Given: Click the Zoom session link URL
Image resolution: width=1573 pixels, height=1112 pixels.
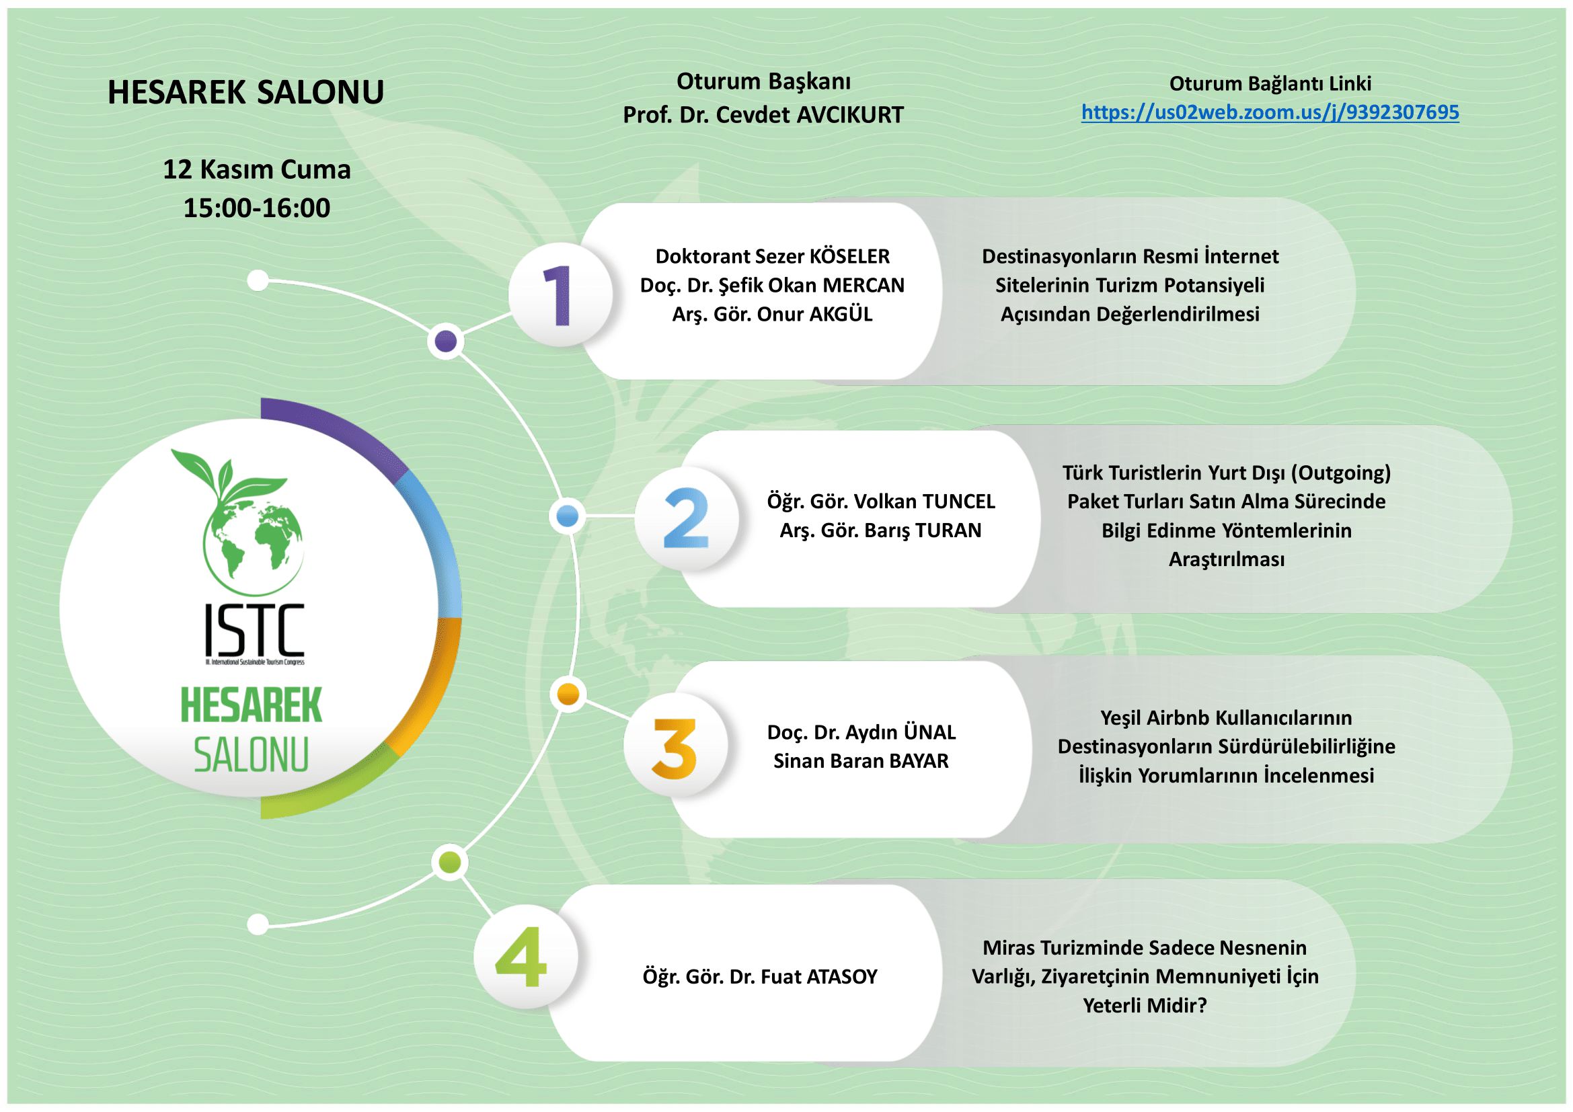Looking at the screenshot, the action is coord(1270,112).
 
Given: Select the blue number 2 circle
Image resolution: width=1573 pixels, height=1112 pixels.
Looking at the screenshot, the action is coord(687,519).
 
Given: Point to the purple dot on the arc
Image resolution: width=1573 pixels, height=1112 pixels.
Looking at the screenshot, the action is coord(446,340).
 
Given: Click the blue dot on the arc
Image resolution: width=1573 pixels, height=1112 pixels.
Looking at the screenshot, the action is coord(568,516).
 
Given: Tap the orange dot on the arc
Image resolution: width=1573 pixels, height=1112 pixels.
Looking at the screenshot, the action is coord(568,694).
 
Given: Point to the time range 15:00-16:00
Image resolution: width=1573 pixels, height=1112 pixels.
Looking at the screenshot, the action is coord(257,208).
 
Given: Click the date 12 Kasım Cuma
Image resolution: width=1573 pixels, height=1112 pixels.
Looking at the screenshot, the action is coord(257,169).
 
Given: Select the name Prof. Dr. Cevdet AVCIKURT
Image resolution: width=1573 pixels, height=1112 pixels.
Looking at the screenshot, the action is coord(763,114).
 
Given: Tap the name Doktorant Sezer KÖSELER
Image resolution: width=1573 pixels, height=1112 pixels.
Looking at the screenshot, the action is coord(772,256).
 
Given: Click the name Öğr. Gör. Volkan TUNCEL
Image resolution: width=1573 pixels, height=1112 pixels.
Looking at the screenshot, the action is coord(880,502).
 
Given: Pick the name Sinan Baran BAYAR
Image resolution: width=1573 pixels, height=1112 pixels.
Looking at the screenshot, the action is coord(861,761).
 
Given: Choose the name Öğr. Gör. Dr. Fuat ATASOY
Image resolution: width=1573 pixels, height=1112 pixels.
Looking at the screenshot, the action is coord(760,976).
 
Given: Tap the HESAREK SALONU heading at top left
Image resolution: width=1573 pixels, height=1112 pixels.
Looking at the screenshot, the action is coord(246,92).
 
